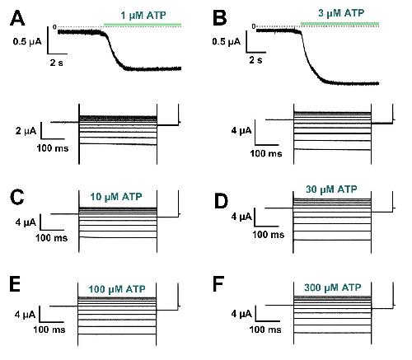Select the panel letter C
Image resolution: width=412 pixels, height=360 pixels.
point(16,197)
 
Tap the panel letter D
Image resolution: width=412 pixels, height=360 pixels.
point(221,201)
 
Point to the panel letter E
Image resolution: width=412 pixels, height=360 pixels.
point(15,284)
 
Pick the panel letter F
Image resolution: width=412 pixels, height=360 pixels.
point(218,284)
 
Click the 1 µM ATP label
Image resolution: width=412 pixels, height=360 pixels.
point(143,16)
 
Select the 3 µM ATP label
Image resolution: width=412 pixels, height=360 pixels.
point(341,13)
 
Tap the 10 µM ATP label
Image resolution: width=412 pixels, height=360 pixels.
point(116,197)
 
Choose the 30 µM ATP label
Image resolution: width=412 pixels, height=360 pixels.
point(331,189)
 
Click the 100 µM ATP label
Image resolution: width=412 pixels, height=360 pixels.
point(117,289)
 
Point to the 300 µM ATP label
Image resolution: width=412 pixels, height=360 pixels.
point(332,288)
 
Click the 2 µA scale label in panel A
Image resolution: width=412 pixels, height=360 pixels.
point(26,131)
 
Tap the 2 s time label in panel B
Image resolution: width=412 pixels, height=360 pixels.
point(255,60)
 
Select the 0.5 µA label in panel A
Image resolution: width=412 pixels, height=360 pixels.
point(27,42)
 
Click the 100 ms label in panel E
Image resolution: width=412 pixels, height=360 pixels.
point(49,330)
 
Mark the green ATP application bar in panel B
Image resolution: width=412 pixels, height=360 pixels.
point(339,25)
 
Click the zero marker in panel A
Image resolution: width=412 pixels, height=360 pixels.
point(54,27)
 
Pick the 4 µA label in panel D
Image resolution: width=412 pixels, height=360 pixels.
point(241,217)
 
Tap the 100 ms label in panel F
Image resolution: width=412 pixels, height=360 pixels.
point(265,330)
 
